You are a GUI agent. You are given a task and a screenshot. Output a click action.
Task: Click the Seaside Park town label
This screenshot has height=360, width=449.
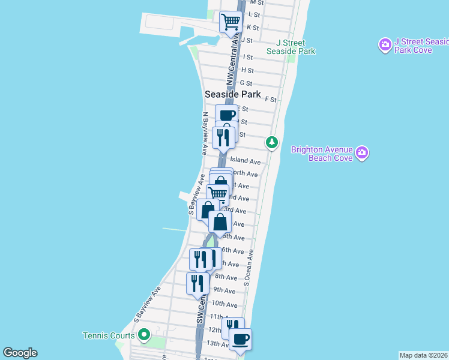233,94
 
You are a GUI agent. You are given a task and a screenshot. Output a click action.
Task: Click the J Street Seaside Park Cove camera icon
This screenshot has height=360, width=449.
385,45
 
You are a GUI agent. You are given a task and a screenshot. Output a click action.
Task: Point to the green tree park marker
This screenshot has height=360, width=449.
273,142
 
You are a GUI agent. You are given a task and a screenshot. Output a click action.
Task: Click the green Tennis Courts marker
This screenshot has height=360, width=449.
143,335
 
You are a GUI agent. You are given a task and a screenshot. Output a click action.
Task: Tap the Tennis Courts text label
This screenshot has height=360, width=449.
109,335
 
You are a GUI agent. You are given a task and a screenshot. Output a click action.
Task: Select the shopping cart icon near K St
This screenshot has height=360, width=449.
231,22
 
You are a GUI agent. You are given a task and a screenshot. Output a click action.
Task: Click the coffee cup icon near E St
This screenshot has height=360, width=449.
226,115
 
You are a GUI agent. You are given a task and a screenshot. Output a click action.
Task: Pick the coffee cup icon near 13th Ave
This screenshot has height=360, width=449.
240,340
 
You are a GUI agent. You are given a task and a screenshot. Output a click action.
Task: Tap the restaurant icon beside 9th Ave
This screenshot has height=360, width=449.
197,283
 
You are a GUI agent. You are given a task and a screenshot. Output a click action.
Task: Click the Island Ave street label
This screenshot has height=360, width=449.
246,161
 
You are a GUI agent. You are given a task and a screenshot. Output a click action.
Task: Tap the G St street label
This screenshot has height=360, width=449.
246,83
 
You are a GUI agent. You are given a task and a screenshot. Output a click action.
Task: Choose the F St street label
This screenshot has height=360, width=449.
270,99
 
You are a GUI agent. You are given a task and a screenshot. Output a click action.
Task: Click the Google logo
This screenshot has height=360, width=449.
20,353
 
